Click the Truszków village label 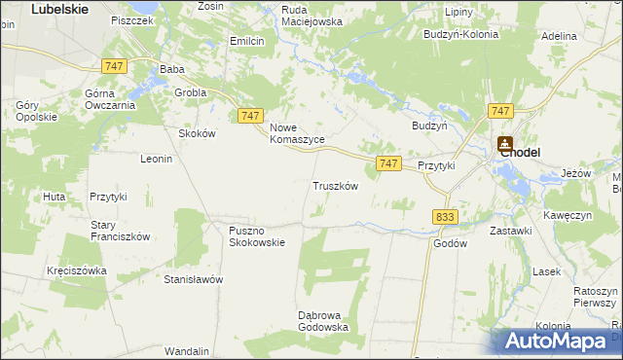tap(336, 186)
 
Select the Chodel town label tap(520, 152)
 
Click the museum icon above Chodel tap(504, 142)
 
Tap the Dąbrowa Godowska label tap(323, 321)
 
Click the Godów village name tap(451, 244)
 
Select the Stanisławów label tap(194, 279)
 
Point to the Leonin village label tap(157, 159)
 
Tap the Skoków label tap(196, 133)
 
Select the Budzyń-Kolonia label tap(460, 34)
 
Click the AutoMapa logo tap(557, 341)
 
